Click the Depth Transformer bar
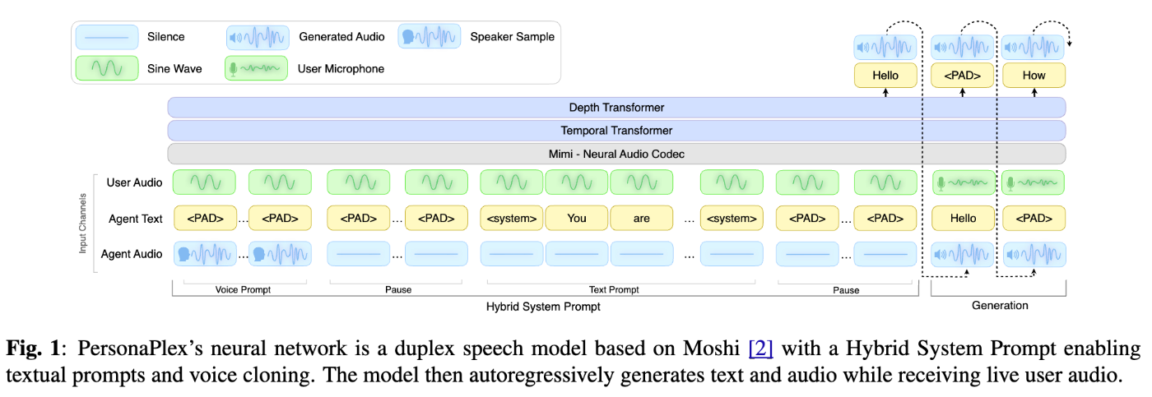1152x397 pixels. coord(616,108)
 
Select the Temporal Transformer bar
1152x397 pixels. coord(616,131)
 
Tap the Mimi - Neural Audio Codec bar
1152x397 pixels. coord(616,154)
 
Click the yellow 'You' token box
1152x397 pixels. coord(576,218)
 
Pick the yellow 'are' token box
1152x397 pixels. coord(641,218)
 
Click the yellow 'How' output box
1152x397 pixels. coord(1034,76)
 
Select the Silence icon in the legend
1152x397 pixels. coord(106,37)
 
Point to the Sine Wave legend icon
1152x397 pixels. coord(106,68)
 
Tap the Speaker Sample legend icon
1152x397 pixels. coord(429,37)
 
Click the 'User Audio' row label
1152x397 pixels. coord(135,182)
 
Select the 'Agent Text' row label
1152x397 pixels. coord(136,219)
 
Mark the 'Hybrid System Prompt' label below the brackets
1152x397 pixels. coord(543,306)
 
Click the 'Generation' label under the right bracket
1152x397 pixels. coord(999,306)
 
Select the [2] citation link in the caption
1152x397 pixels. coord(761,349)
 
